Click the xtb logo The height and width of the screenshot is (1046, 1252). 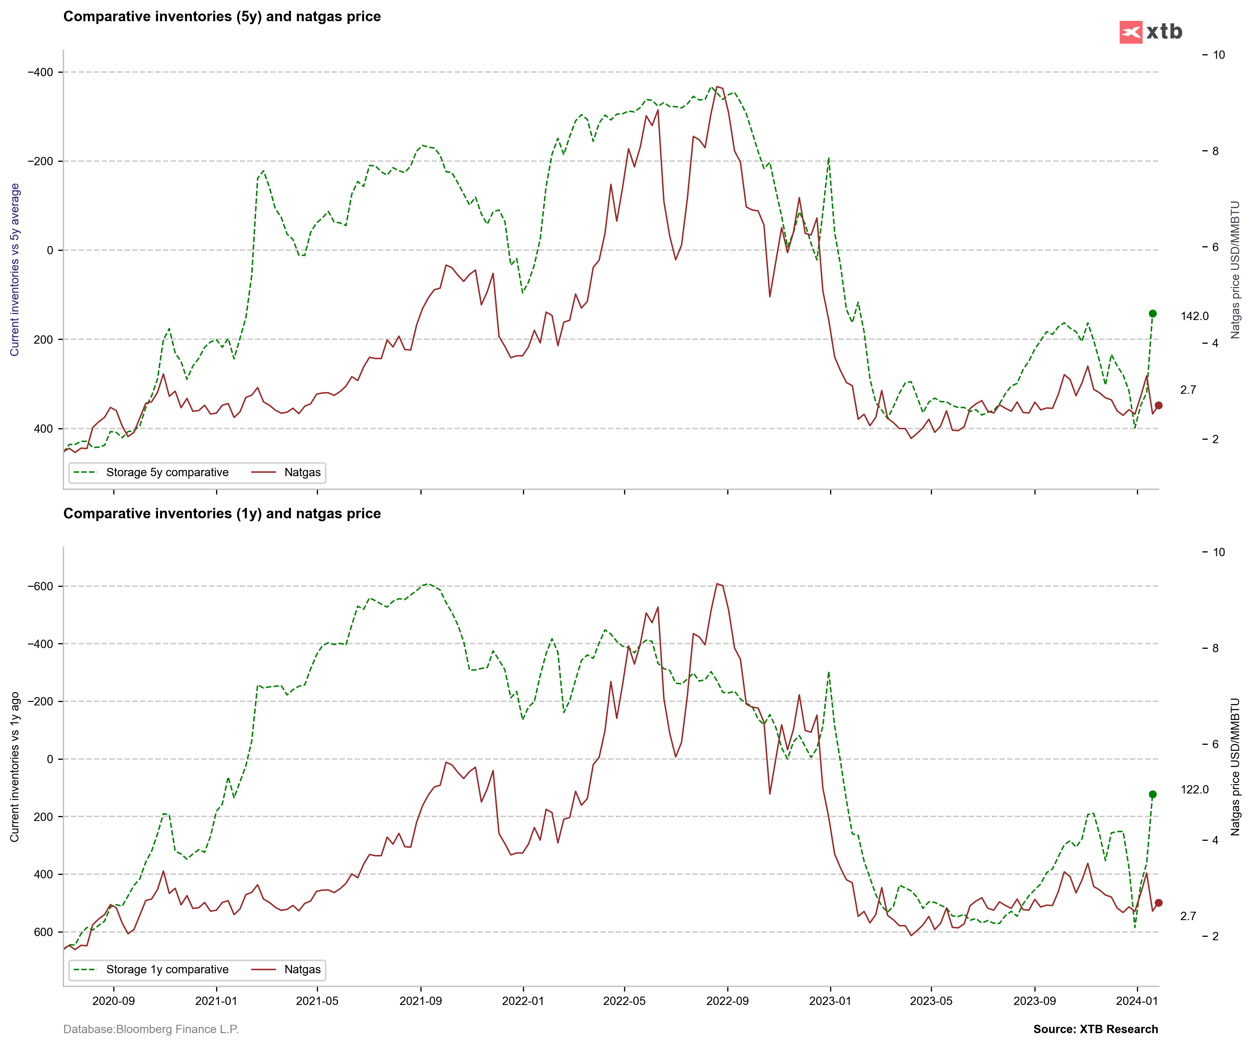pos(1151,32)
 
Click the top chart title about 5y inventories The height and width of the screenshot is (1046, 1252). pos(222,17)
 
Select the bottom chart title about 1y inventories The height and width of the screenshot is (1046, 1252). pos(222,514)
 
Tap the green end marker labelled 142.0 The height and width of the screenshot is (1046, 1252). pos(1152,314)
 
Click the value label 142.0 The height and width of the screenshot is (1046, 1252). pos(1195,316)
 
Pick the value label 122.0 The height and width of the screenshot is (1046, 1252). pos(1195,789)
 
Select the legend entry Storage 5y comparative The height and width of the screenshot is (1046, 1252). pos(167,473)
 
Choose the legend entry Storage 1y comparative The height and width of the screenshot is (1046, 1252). pos(167,969)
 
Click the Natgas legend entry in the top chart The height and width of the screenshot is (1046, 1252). pos(302,473)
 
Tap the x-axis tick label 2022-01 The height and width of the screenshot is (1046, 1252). pos(523,1001)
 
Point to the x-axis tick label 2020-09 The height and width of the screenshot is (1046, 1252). pos(113,1001)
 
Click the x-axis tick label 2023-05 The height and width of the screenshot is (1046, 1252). pos(931,1001)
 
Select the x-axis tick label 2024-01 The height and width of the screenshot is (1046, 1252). pos(1137,1001)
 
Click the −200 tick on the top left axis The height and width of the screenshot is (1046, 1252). pos(40,161)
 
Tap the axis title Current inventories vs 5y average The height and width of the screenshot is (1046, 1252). pos(15,270)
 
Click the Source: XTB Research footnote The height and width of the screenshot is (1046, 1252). pos(1095,1029)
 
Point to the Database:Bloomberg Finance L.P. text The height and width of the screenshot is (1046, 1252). pos(151,1029)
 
